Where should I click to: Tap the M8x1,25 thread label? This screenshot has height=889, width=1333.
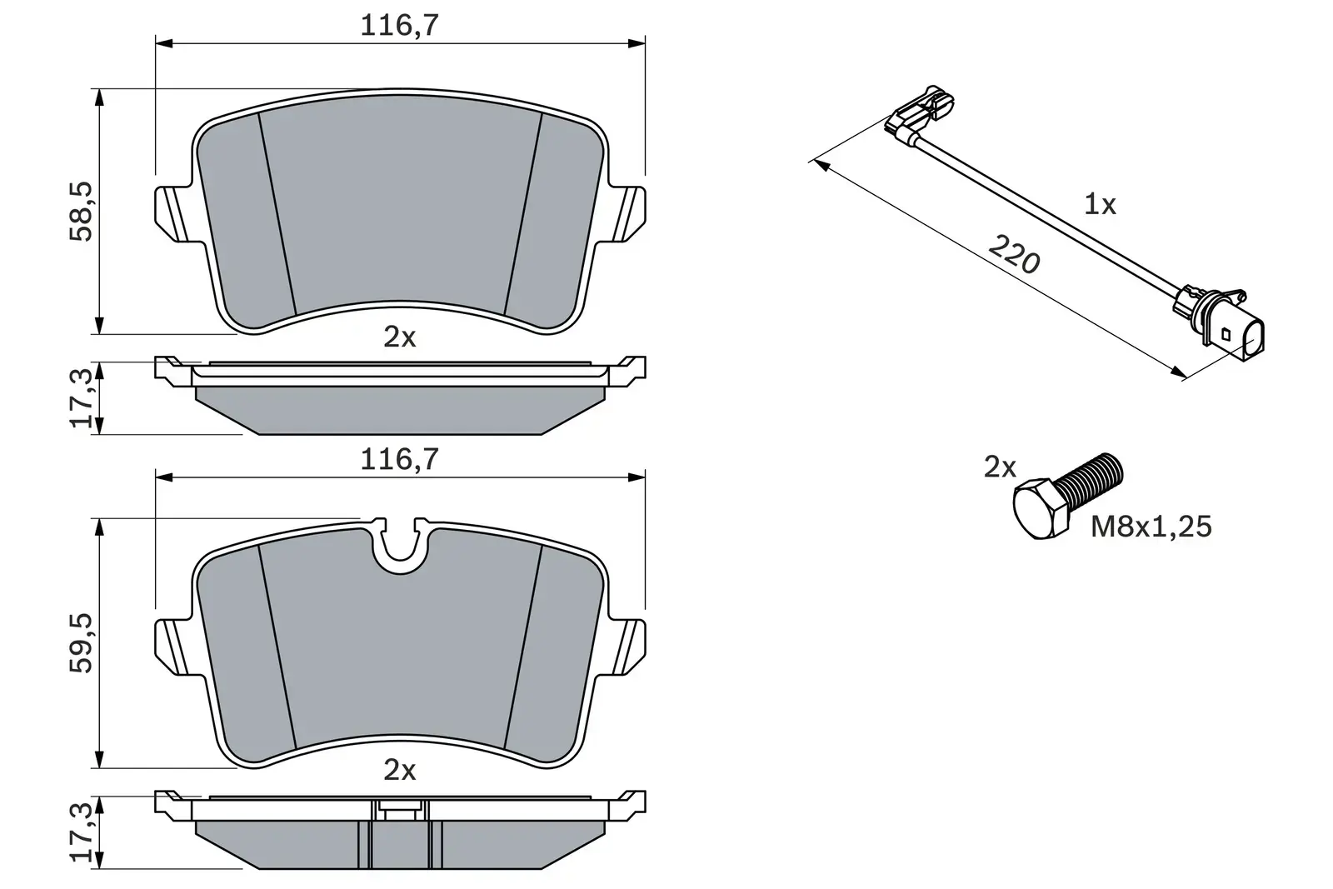pos(1151,527)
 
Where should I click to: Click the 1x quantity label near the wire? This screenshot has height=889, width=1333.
pos(1100,204)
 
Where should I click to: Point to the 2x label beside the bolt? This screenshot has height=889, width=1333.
pos(1000,467)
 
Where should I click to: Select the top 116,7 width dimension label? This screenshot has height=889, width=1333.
pos(399,26)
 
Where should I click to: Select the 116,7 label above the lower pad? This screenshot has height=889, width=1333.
pos(399,460)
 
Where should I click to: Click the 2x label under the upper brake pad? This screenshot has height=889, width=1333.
pos(399,337)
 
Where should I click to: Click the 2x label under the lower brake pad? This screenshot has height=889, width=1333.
pos(399,771)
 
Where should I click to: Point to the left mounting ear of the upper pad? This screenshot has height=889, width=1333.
pos(173,214)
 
